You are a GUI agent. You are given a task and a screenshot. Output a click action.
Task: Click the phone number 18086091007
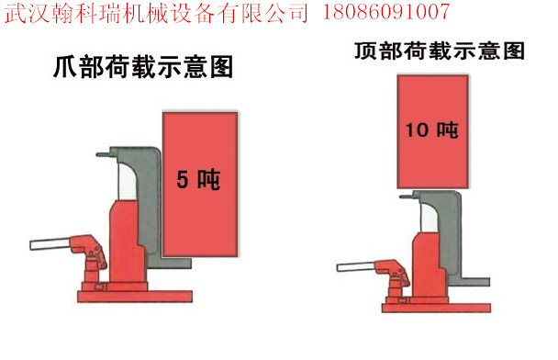[x=385, y=11]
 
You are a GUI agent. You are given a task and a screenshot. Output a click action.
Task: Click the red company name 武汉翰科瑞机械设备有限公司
[x=156, y=12]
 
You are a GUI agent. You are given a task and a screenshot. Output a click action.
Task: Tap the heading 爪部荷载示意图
[x=143, y=67]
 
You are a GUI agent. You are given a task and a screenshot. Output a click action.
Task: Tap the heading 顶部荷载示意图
[x=440, y=51]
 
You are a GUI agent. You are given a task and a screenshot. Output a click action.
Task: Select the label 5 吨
[x=198, y=179]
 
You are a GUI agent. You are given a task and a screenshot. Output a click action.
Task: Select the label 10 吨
[x=432, y=129]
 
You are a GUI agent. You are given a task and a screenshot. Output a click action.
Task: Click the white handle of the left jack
[x=50, y=244]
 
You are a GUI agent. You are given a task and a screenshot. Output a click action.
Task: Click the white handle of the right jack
[x=357, y=266]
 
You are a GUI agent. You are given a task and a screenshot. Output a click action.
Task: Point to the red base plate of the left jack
[x=135, y=297]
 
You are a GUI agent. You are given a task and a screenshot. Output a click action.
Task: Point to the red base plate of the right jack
[x=436, y=308]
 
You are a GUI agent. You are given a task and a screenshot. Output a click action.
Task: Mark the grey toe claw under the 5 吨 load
[x=171, y=263]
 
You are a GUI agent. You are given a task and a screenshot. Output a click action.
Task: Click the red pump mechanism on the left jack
[x=90, y=257]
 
